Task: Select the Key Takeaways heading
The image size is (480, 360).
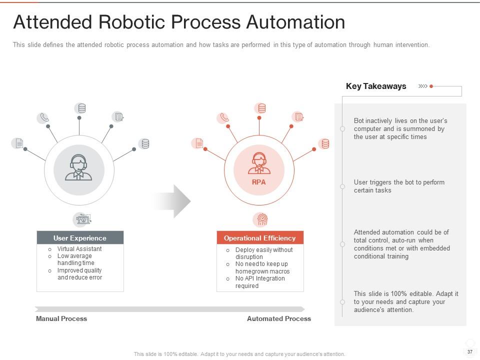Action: (376, 86)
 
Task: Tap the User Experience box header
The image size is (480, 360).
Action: (80, 238)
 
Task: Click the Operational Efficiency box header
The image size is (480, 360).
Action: (259, 238)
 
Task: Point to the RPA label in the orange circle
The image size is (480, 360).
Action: (259, 182)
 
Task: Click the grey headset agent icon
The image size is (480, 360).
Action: (79, 167)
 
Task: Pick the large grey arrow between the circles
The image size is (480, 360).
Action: (172, 201)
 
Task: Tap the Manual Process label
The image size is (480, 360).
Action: (61, 318)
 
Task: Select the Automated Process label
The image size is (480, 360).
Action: (278, 318)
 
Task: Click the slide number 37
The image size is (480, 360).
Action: (470, 352)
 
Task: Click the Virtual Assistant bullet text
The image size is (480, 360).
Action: (79, 249)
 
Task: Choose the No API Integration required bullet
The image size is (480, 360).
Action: (260, 282)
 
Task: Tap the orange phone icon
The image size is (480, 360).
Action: (223, 118)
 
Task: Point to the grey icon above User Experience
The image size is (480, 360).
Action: (82, 219)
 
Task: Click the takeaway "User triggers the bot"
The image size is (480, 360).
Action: (399, 186)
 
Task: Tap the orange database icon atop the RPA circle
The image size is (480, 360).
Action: (260, 108)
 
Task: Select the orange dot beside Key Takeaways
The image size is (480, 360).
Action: (431, 86)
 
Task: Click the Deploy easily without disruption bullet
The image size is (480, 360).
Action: (264, 253)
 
